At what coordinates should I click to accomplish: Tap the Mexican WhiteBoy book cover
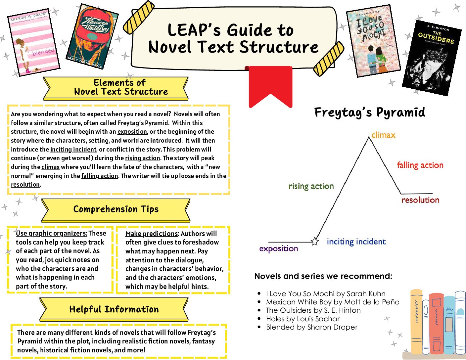click(92, 36)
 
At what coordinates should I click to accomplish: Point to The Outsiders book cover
click(432, 58)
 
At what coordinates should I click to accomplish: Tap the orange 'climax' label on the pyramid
click(383, 135)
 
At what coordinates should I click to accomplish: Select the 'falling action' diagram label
click(420, 165)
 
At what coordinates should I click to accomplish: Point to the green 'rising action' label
click(311, 186)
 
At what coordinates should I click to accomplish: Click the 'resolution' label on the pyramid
click(420, 200)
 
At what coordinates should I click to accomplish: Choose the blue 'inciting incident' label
click(356, 242)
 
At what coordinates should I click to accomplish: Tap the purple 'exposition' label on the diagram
click(279, 248)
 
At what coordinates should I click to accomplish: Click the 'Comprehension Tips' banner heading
click(116, 209)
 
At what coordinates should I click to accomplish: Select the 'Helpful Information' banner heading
click(114, 309)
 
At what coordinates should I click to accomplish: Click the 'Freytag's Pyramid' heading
click(370, 112)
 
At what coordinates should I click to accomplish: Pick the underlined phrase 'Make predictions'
click(152, 234)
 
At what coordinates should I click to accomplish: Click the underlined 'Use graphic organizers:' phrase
click(52, 233)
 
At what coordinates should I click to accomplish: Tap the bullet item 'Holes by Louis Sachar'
click(303, 319)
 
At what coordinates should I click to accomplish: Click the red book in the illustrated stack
click(436, 323)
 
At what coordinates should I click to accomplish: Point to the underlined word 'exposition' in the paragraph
click(132, 132)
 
